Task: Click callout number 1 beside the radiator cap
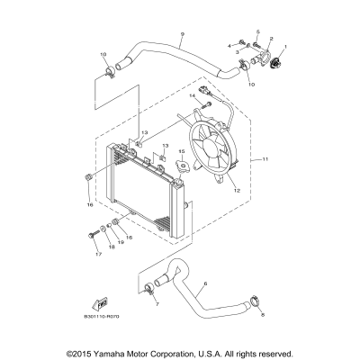[286, 45]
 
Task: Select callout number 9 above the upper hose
[182, 35]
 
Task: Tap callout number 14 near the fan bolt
[192, 94]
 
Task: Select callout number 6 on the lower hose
[206, 283]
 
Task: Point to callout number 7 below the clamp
[156, 304]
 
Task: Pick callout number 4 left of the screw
[229, 44]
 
